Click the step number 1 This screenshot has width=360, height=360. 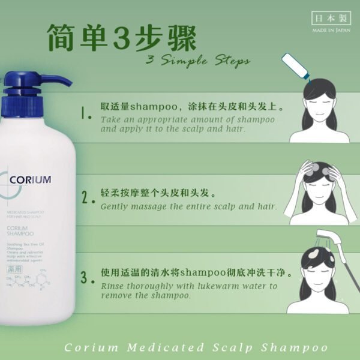point(86,112)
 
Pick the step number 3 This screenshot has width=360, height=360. point(88,278)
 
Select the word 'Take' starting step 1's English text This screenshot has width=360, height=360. point(110,120)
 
